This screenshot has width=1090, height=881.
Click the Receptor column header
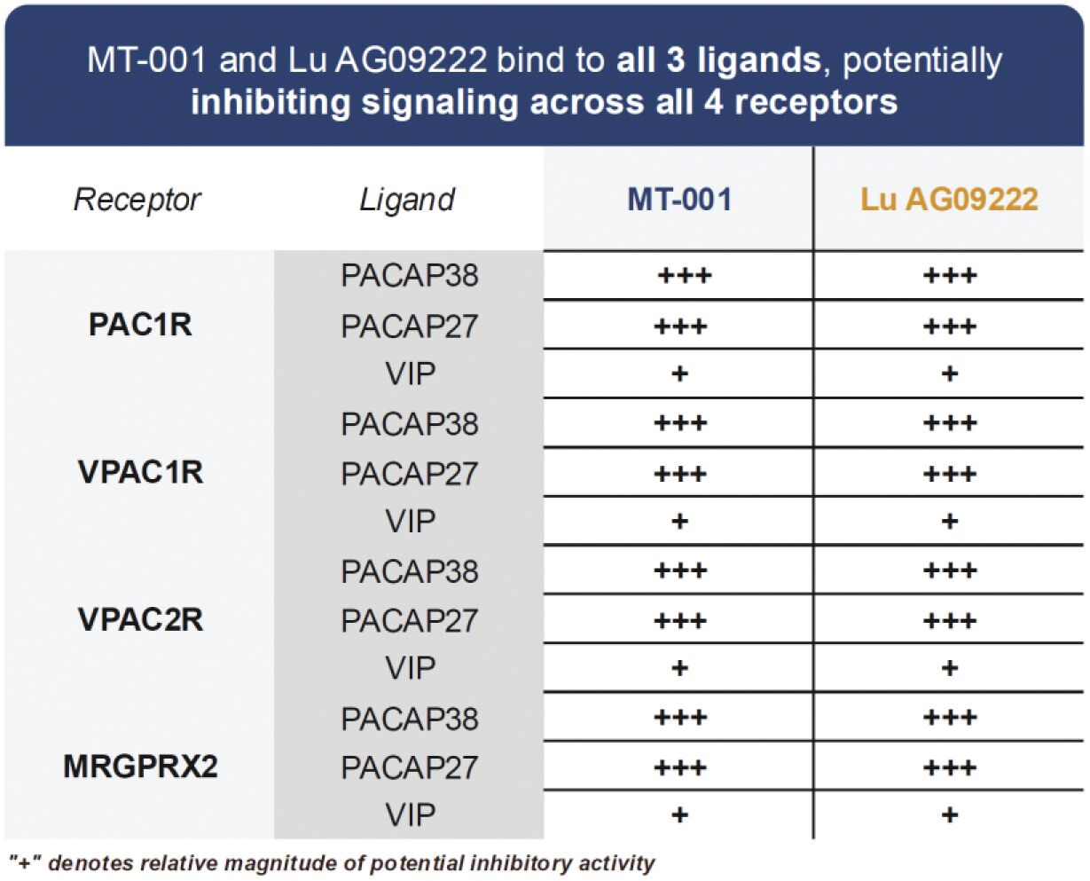(137, 200)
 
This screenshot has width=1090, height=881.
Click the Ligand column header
(407, 200)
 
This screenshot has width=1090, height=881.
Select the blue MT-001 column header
(679, 199)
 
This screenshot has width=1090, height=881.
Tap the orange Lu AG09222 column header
(949, 199)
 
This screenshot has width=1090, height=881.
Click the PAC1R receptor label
(140, 325)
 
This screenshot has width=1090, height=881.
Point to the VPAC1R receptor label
(140, 471)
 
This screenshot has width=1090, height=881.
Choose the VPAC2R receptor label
(140, 619)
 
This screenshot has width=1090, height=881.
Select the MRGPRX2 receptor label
(140, 767)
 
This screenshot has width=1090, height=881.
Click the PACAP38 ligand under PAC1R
(410, 275)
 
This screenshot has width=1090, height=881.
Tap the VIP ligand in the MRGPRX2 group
(411, 815)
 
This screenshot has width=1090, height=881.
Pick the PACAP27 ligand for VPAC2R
(410, 620)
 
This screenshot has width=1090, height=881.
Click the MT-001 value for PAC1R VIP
(679, 374)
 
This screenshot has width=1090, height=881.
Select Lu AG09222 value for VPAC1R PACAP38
(950, 423)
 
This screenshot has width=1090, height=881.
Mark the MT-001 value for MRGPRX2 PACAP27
(680, 767)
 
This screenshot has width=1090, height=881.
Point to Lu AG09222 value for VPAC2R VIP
(950, 668)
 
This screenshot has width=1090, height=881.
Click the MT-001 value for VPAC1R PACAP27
(680, 474)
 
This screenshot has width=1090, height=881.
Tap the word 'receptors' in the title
(816, 102)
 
